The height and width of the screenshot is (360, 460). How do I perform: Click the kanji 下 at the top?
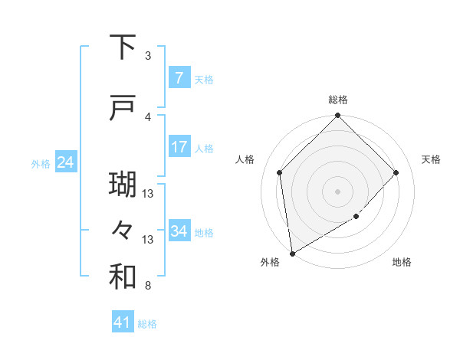click(x=123, y=48)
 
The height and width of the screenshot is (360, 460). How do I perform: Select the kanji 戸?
click(x=123, y=110)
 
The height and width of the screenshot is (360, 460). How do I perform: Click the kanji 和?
click(x=123, y=277)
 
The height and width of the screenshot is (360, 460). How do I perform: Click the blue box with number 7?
click(x=179, y=78)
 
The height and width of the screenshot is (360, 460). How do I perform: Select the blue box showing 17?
click(x=179, y=147)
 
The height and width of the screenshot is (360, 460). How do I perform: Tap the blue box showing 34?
click(x=179, y=231)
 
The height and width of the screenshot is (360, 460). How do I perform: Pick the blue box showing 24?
click(x=65, y=162)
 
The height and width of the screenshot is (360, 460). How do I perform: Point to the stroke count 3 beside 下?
click(x=148, y=56)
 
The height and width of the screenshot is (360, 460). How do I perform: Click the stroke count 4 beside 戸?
click(x=148, y=117)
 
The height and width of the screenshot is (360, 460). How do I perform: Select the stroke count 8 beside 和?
click(x=148, y=286)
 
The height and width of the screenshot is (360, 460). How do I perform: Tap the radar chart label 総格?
click(x=338, y=100)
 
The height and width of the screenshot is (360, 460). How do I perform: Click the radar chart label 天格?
click(x=431, y=159)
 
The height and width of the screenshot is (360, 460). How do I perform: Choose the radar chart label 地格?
click(x=402, y=262)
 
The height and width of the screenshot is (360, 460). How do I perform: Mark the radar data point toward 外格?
click(x=291, y=253)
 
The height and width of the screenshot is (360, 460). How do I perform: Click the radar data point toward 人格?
click(x=280, y=172)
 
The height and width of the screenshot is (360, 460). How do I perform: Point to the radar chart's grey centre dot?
click(x=338, y=191)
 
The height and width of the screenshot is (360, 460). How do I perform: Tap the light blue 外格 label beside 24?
click(x=41, y=163)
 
